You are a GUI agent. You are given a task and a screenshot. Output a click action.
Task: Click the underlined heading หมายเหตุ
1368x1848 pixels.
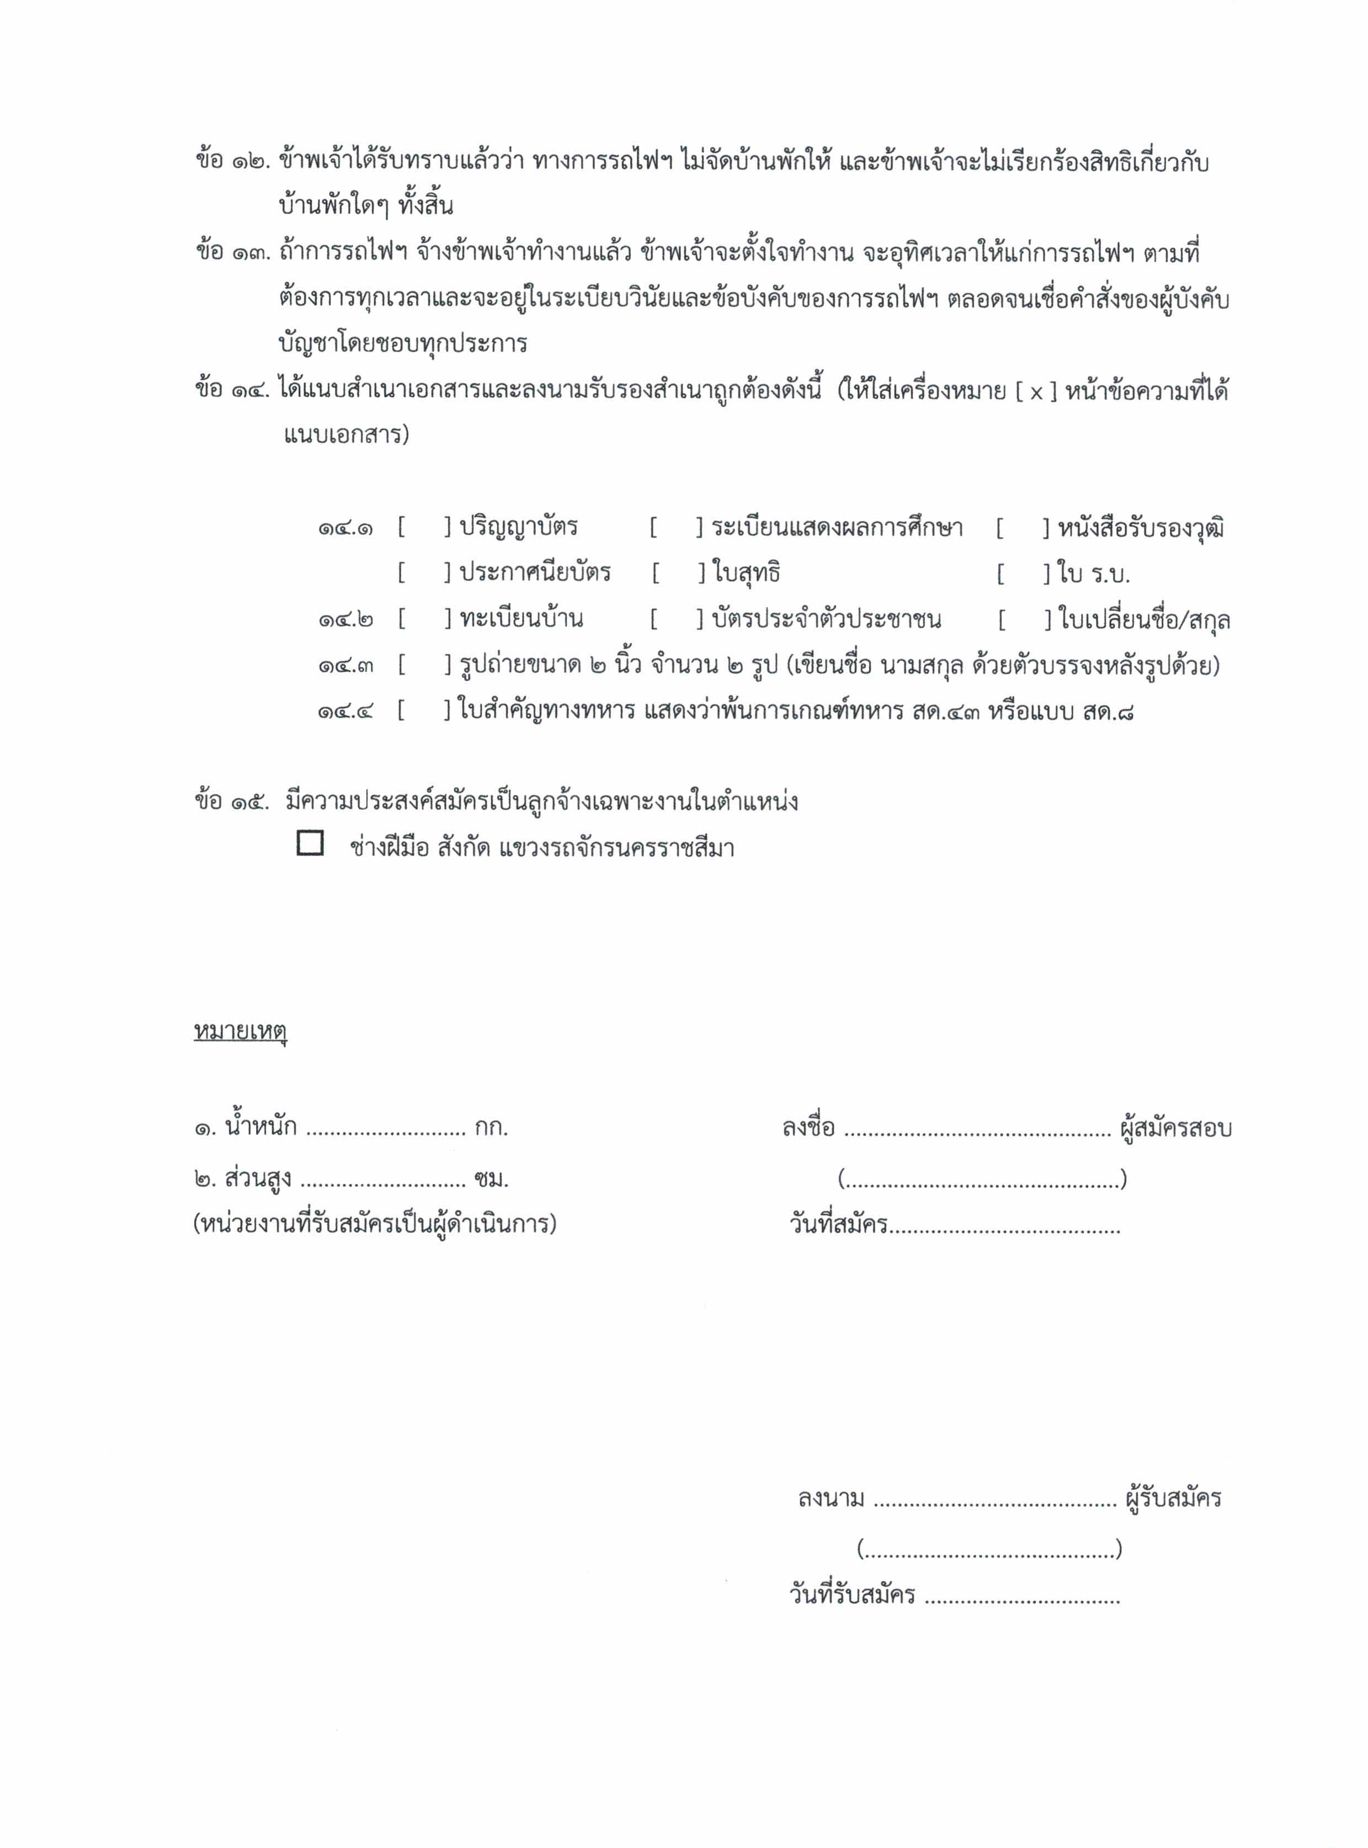[240, 1031]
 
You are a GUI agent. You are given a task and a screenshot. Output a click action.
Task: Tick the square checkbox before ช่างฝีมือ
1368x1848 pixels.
[310, 843]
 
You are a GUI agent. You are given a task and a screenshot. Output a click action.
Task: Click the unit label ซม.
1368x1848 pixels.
[492, 1180]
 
